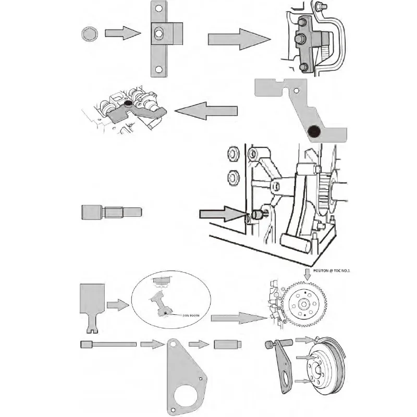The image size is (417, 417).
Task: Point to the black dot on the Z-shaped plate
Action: point(314,132)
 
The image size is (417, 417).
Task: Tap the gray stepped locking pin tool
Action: point(111,213)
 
